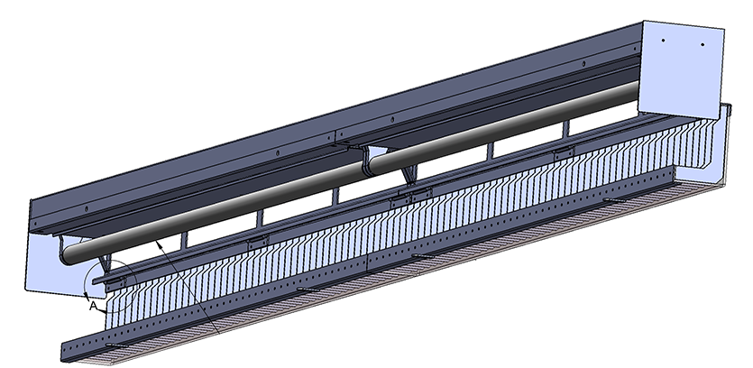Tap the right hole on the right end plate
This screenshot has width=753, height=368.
(699, 42)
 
